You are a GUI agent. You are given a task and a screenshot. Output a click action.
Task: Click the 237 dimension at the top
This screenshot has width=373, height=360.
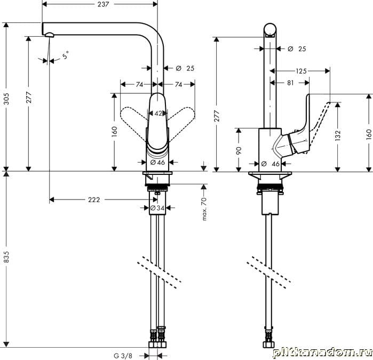103,4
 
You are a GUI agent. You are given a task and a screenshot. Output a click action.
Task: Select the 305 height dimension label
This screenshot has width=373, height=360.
6,99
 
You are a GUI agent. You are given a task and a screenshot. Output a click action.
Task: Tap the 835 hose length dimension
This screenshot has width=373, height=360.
6,257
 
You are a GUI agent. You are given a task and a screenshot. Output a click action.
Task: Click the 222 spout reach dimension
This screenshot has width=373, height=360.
94,200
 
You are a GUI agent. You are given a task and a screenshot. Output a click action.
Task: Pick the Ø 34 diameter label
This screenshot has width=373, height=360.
157,208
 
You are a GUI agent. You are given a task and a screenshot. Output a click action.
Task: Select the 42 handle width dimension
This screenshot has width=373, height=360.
158,114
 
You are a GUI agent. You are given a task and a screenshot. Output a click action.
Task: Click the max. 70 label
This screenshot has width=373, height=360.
204,209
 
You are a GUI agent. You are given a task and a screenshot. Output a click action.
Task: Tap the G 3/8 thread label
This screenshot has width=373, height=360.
123,356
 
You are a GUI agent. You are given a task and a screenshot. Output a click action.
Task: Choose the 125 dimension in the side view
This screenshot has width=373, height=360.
301,71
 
